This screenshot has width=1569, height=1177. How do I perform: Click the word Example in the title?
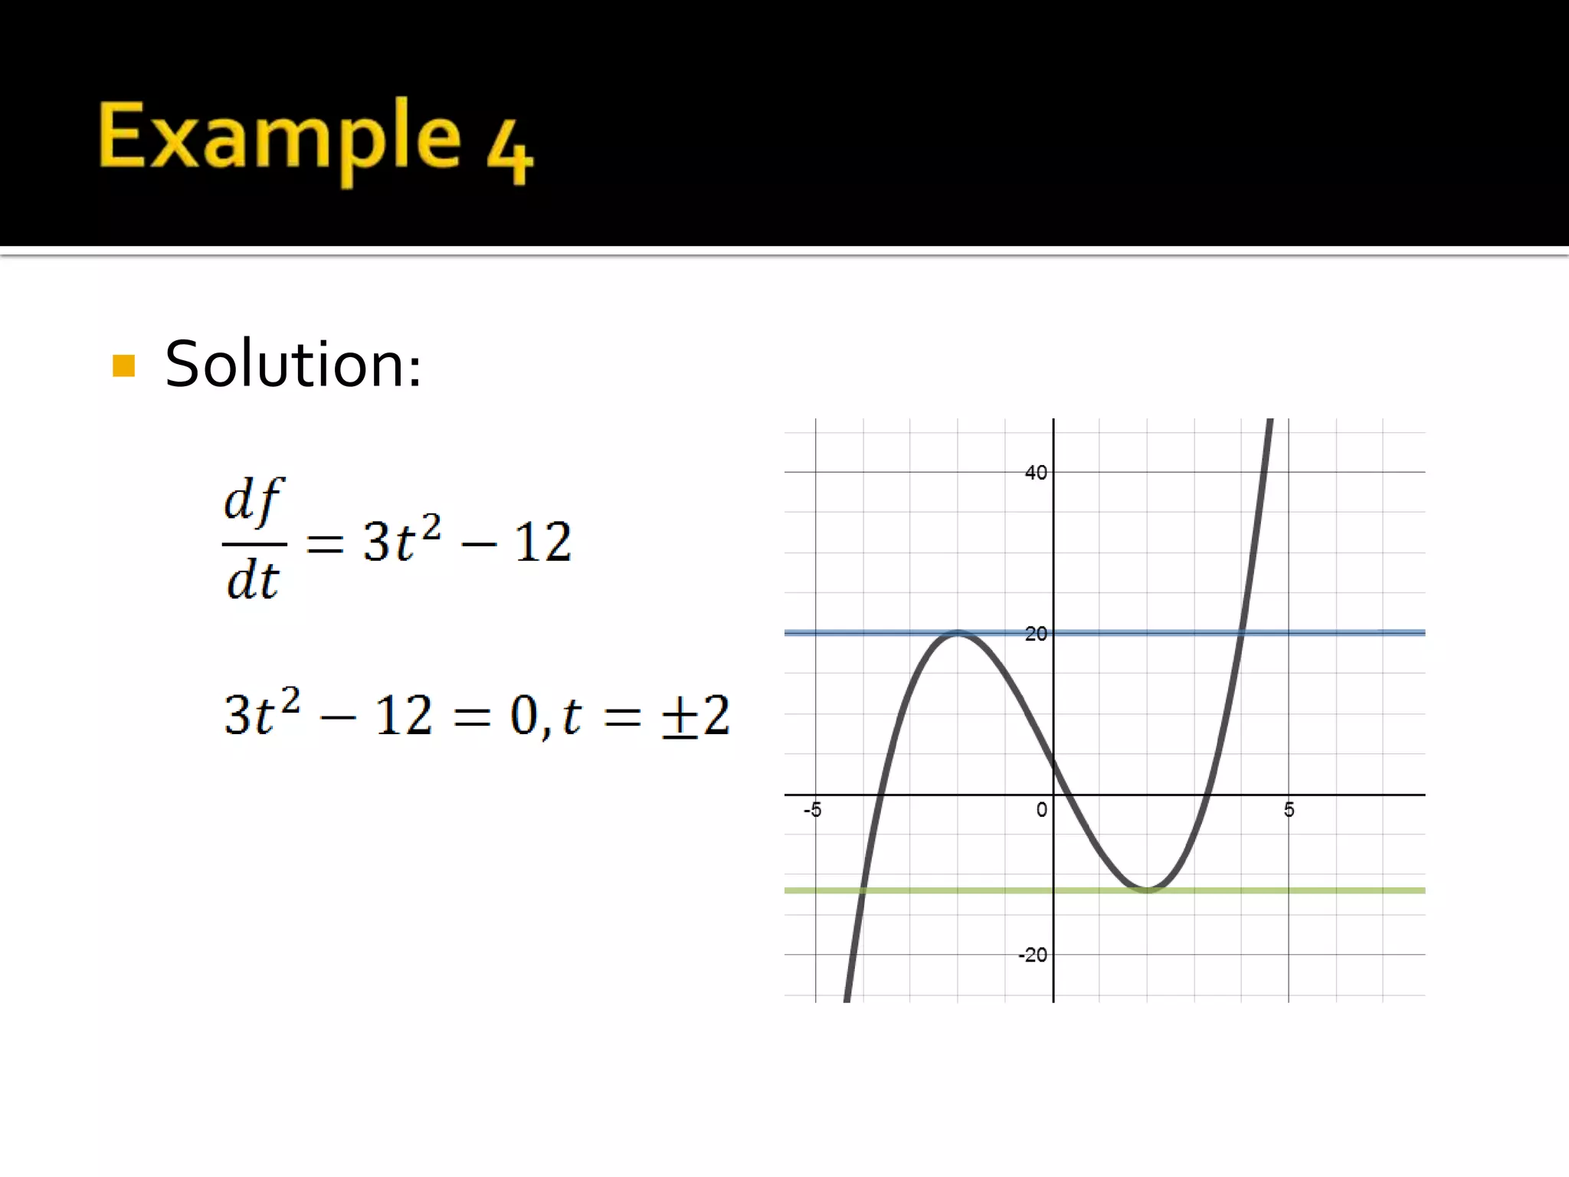280,138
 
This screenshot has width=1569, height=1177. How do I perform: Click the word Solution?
292,364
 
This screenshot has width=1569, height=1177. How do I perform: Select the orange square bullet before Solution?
123,366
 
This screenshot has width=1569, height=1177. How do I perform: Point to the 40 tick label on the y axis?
1036,473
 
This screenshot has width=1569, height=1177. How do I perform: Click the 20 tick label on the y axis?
1036,634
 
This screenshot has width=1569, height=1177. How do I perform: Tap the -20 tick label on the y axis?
1033,955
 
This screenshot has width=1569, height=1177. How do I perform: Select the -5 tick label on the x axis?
813,810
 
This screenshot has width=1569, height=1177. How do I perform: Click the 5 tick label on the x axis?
1289,810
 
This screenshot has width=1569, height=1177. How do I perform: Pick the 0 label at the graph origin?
1042,810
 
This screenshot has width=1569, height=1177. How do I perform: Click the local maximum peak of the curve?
958,633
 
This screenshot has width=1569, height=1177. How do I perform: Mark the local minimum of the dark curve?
1147,890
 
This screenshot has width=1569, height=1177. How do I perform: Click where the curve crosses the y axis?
1053,762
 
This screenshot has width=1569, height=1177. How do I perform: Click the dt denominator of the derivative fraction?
253,580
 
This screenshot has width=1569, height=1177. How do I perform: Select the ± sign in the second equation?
680,717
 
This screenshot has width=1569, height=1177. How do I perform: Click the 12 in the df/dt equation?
542,542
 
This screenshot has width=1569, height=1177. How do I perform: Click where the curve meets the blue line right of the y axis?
1242,633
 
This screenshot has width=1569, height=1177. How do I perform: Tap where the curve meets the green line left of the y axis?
863,890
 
